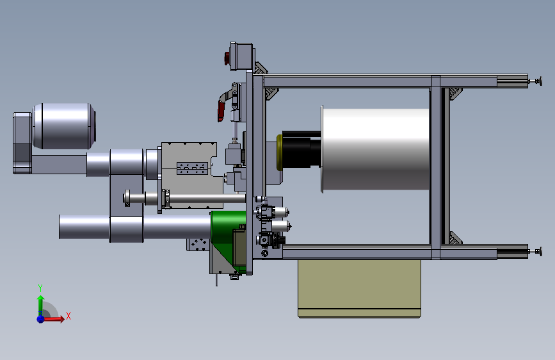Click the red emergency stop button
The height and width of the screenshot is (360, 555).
pos(227,58)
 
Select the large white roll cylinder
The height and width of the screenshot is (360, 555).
pos(376,149)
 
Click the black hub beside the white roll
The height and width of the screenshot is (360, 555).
pos(302,151)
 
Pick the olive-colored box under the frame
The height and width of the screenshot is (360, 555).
pos(359,288)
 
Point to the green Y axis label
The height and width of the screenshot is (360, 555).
pos(40,288)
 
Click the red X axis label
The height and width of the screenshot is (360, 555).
pos(68,316)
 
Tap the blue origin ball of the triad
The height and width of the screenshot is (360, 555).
pos(41,319)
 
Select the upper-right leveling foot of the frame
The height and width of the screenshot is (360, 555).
pos(538,81)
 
